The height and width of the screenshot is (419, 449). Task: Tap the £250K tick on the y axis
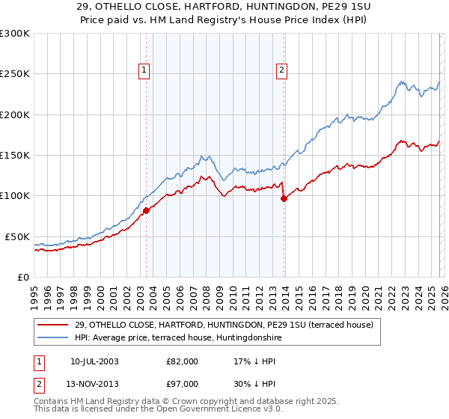[15, 74]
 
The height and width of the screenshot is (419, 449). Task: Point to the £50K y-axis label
[18, 236]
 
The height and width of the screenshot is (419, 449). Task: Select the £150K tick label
[15, 155]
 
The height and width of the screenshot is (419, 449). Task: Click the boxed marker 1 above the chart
[144, 71]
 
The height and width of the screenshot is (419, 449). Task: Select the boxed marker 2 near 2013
[281, 71]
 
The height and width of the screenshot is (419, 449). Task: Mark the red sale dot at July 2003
[146, 211]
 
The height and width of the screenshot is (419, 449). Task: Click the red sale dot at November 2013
[284, 198]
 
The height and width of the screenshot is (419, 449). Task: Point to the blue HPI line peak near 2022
[402, 82]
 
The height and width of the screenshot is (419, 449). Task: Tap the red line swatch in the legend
[54, 325]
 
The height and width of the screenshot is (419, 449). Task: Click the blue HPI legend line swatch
[54, 338]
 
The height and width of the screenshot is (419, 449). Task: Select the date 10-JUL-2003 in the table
[94, 361]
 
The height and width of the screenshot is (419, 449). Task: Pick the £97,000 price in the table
[183, 384]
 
